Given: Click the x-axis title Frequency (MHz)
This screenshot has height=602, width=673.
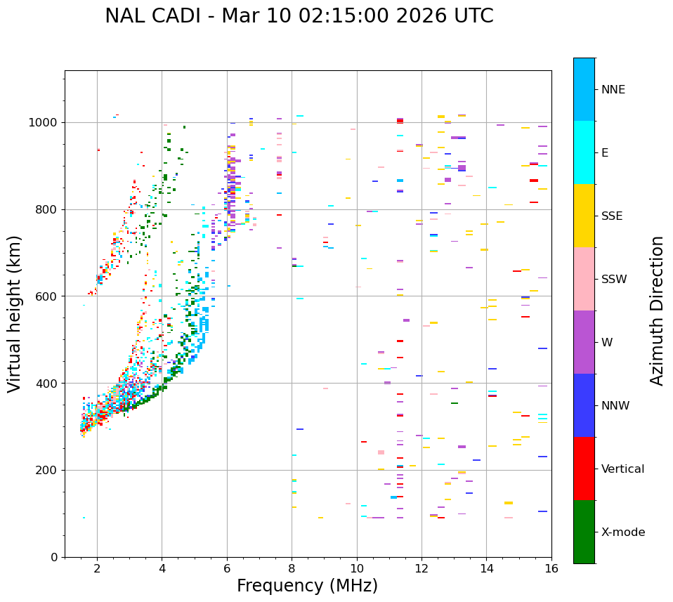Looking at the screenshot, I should coord(307,586).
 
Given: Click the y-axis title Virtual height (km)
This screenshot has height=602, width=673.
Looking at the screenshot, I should coord(15,314).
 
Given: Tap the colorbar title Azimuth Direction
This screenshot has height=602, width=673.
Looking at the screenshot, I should coord(657,310).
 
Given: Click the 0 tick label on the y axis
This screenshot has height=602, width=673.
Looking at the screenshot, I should coord(54,557).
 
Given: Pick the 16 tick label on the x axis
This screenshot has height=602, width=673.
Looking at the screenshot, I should coord(551,568).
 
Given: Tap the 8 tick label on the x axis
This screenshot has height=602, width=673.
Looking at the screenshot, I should coord(292,568).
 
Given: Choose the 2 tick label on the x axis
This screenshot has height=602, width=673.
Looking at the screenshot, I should coord(97,568).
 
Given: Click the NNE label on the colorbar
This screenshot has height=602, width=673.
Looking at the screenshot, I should coord(613,90).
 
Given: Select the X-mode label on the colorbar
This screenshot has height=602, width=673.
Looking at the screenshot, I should coord(622,532).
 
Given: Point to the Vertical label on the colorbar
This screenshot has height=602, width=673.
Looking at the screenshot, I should coord(622,469).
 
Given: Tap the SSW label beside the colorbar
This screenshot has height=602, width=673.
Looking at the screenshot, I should coord(613,280).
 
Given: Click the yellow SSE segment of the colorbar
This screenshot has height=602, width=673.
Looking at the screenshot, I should coord(584,216).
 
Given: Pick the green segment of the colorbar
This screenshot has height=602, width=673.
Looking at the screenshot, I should coord(584,532).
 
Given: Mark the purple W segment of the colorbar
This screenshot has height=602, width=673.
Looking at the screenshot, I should coord(584,342).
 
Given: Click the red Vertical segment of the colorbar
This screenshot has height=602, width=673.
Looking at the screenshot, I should coord(584,469).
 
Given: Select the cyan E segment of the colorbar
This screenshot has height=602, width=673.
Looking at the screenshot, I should coord(584,152).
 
